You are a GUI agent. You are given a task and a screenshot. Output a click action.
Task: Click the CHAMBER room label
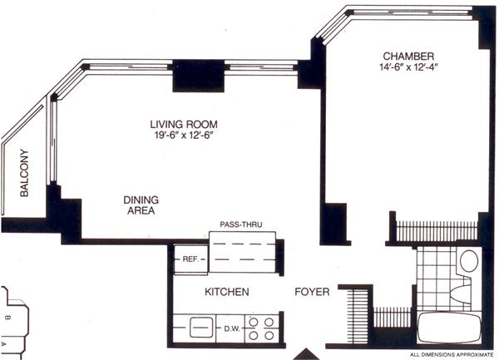pos(408,57)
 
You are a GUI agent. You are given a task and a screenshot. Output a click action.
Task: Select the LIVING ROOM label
pos(184,124)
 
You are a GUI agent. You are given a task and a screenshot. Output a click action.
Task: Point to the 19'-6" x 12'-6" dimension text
pos(184,136)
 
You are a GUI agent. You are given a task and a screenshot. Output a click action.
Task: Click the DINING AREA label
pos(141,205)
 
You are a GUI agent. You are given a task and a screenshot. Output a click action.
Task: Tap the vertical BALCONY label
pos(24,173)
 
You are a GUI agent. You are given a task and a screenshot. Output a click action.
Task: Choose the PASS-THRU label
pos(241,224)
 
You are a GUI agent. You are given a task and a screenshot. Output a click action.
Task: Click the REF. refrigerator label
pos(190,259)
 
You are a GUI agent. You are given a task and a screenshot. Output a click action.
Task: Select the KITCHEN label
pos(226,292)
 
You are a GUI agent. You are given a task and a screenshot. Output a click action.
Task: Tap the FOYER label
pos(312,292)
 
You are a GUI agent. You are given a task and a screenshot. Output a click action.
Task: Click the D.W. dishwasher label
pos(232,329)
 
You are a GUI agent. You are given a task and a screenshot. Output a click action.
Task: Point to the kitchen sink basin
pos(201,328)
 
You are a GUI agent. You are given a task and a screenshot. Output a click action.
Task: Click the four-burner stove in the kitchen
pos(261,328)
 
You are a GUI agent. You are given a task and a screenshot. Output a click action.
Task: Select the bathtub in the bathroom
pos(449,328)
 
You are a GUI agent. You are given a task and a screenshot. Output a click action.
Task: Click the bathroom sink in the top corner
pos(469,260)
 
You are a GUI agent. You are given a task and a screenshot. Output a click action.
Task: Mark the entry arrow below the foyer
pos(306,354)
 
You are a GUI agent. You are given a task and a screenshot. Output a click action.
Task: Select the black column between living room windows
pos(198,76)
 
